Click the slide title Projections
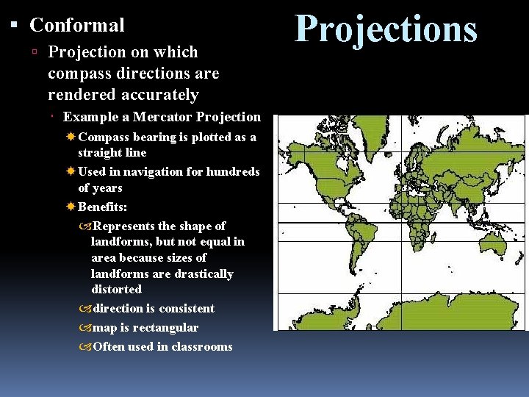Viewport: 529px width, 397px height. pos(386,29)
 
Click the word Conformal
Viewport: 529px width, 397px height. pos(77,25)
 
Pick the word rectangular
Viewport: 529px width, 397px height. pos(167,327)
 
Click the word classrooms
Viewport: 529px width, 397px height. pos(200,346)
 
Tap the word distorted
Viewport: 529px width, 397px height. pos(116,290)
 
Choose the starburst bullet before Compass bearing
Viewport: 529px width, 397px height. pos(71,137)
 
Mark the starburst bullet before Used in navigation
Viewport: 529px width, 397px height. pos(71,171)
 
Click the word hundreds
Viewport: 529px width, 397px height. pos(233,171)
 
